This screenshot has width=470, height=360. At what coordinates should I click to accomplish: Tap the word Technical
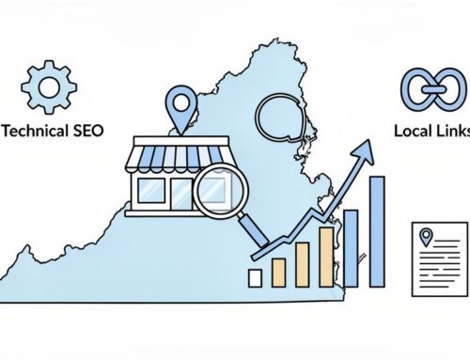pyautogui.click(x=38, y=129)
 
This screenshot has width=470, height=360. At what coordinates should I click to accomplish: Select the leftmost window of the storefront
pyautogui.click(x=150, y=193)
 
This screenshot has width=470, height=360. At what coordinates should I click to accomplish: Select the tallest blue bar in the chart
pyautogui.click(x=377, y=230)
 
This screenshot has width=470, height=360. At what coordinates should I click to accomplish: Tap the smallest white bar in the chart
pyautogui.click(x=256, y=277)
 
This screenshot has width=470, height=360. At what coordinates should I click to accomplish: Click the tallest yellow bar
pyautogui.click(x=325, y=256)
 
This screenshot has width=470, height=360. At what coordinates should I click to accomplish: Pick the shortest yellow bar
pyautogui.click(x=278, y=273)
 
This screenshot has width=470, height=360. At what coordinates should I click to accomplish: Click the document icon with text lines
pyautogui.click(x=439, y=259)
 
